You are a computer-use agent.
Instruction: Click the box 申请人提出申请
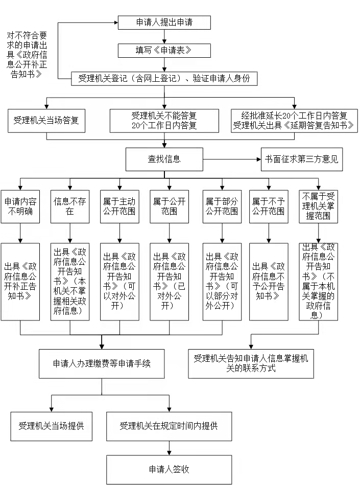point(164,22)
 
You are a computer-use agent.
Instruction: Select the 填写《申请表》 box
point(164,51)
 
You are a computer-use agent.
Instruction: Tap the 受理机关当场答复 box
point(46,121)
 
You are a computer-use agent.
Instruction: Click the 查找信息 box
point(164,159)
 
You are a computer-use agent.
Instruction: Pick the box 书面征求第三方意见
point(302,159)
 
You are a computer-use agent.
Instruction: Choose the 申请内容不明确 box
point(20,206)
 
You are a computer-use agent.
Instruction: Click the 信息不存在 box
point(70,206)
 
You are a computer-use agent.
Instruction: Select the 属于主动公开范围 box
point(119,206)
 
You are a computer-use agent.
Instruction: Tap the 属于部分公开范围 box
point(222,206)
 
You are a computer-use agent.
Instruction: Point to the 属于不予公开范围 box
point(269,206)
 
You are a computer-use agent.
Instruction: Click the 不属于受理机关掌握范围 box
point(318,206)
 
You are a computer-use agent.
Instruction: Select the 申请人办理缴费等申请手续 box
point(102,364)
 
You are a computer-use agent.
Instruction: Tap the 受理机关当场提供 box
point(51,426)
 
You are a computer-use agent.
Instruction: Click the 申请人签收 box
point(169,470)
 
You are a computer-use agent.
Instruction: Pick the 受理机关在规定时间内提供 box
point(169,426)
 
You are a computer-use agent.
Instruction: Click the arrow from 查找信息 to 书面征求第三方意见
point(232,159)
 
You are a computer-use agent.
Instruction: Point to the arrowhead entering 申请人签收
point(169,453)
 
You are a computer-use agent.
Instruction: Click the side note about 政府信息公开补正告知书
point(27,55)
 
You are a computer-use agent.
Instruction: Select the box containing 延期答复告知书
point(294,121)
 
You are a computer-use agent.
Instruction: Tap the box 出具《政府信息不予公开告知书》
point(269,282)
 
